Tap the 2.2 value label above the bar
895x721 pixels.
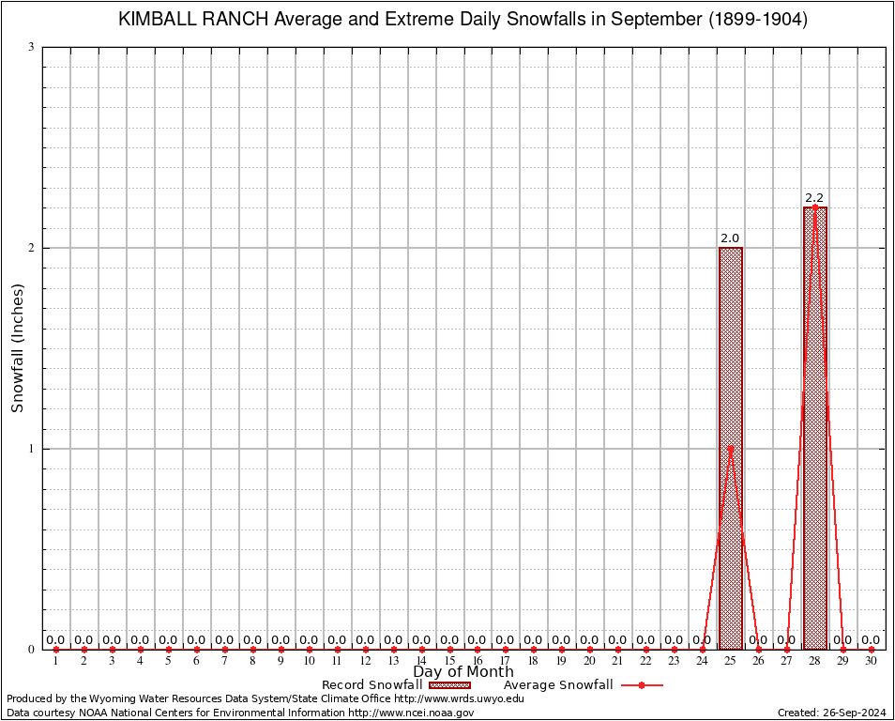point(814,198)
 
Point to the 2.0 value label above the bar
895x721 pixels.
point(730,238)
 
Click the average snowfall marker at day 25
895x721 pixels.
point(730,449)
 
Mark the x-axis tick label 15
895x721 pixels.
point(449,662)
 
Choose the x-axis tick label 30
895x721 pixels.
point(872,662)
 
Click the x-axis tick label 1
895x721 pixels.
point(55,662)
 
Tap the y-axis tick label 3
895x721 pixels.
point(31,48)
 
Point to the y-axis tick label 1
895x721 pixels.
point(31,449)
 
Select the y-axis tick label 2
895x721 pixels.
point(31,249)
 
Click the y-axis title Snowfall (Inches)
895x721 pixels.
point(18,348)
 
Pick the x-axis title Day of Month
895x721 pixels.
point(463,672)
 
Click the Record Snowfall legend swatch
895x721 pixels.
point(449,685)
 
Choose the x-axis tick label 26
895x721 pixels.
point(758,662)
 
